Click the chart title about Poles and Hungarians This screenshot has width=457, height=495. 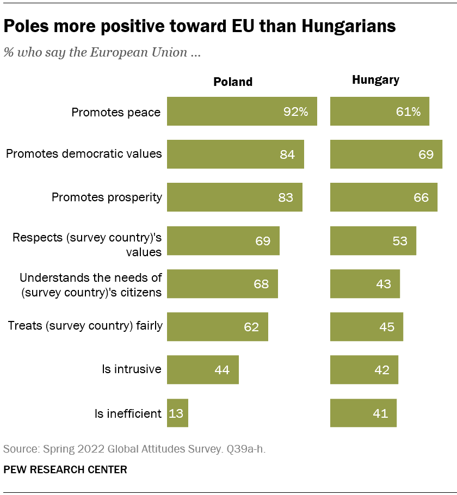[199, 26]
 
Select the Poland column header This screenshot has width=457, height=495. [233, 82]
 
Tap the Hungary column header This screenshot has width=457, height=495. [375, 80]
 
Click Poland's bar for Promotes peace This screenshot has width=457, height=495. [242, 112]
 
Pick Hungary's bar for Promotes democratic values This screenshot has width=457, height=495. [386, 154]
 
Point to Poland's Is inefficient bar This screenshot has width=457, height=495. [177, 413]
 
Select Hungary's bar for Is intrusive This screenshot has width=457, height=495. [364, 370]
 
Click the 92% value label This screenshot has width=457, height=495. [295, 112]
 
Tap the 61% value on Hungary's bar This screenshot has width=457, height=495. [407, 112]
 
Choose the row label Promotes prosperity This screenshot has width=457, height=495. [107, 197]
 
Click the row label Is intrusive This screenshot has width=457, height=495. [132, 369]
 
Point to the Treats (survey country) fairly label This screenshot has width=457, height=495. [85, 326]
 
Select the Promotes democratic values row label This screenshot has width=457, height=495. [84, 154]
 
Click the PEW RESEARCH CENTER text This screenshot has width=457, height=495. [65, 469]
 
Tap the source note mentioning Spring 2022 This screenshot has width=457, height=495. [134, 449]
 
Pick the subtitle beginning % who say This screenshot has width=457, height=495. [103, 53]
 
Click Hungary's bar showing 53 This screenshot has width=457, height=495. [373, 240]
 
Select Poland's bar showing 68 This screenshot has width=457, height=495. [222, 283]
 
